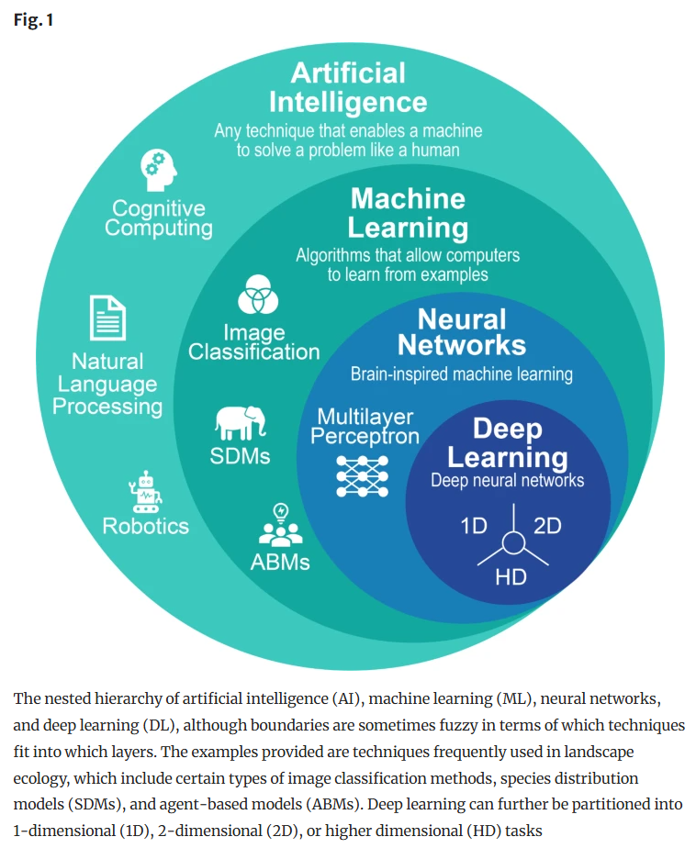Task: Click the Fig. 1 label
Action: click(33, 19)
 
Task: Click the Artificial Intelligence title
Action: click(348, 86)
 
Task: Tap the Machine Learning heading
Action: click(408, 212)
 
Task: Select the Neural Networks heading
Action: click(462, 332)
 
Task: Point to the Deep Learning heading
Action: click(508, 442)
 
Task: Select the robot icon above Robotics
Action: click(146, 491)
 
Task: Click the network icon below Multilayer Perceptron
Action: click(364, 473)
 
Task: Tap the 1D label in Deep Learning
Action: click(474, 526)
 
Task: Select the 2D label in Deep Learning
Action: click(547, 526)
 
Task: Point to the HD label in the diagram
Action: click(511, 577)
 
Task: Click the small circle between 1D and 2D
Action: click(511, 543)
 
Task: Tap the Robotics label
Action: click(146, 526)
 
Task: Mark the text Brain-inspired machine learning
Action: click(462, 374)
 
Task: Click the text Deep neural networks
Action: click(508, 480)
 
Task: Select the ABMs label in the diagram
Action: click(280, 561)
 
